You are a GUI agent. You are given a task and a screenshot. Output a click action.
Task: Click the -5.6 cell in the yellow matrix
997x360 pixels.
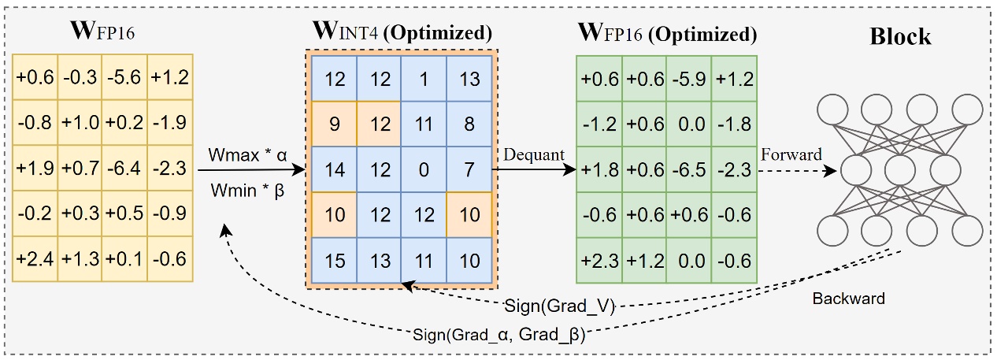tap(124, 79)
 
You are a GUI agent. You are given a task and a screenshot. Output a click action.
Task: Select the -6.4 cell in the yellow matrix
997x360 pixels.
tap(124, 169)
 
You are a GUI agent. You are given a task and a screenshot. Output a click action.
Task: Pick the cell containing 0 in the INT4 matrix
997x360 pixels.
tap(424, 169)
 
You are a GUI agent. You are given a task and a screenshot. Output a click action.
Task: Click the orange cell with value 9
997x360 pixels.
tap(335, 124)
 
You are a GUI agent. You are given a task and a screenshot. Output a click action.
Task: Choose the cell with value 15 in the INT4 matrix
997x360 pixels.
tap(335, 260)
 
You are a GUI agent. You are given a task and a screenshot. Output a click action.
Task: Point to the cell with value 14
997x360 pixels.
tap(335, 169)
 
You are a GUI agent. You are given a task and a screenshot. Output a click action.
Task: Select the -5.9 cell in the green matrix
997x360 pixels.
tap(688, 79)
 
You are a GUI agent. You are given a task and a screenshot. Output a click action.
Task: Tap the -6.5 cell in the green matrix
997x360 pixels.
tap(688, 169)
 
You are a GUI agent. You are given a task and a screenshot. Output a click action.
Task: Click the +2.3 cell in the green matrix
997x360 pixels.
tap(599, 260)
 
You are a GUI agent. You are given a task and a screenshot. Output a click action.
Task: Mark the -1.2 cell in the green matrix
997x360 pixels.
tap(599, 124)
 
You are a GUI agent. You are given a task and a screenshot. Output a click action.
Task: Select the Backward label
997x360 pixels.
tap(849, 299)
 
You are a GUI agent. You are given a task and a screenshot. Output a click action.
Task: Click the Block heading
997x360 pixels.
tap(900, 36)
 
